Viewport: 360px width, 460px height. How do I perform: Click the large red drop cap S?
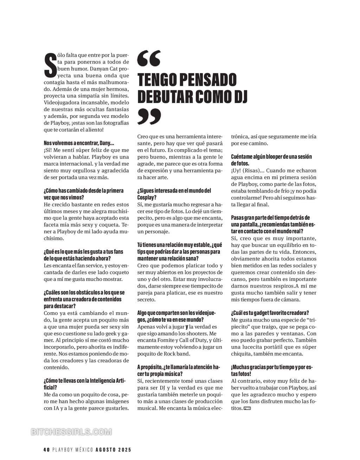(x=50, y=65)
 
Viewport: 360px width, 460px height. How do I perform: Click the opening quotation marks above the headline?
(x=149, y=58)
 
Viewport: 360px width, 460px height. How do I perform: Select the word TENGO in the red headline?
(x=157, y=79)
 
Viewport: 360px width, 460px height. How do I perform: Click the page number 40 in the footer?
(x=46, y=449)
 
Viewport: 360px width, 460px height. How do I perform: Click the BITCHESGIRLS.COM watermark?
(x=71, y=432)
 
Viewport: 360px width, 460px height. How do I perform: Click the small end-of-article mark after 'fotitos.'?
(x=247, y=408)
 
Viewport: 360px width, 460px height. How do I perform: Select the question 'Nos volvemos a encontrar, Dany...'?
(x=79, y=143)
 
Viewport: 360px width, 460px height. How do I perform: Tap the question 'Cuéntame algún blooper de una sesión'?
(x=271, y=156)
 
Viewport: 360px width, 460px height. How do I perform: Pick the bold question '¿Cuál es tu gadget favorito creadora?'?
(x=270, y=312)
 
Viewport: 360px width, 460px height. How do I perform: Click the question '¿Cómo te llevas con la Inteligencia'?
(x=84, y=381)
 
